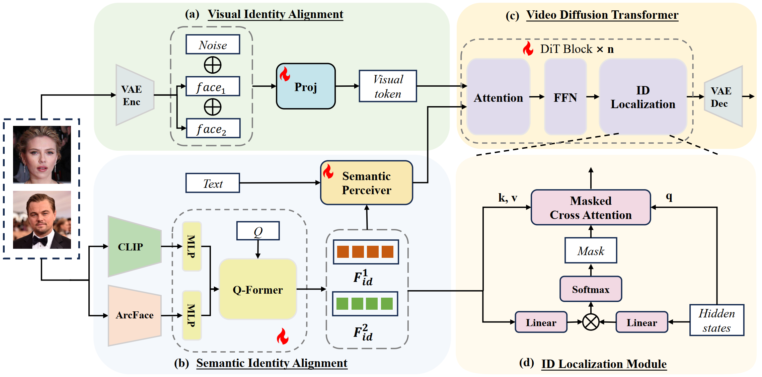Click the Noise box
(213, 45)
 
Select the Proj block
(306, 86)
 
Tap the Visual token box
(388, 86)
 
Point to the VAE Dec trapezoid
(723, 96)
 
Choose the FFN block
(565, 97)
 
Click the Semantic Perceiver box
(367, 183)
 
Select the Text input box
(213, 183)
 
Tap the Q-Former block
(258, 289)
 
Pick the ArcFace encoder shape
(135, 315)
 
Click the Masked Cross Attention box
(591, 208)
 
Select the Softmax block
(591, 289)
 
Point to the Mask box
(591, 251)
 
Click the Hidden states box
(717, 320)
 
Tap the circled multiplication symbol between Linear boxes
(591, 322)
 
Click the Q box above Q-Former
(258, 231)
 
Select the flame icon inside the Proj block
(285, 74)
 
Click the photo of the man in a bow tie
(42, 220)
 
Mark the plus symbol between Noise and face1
(213, 65)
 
